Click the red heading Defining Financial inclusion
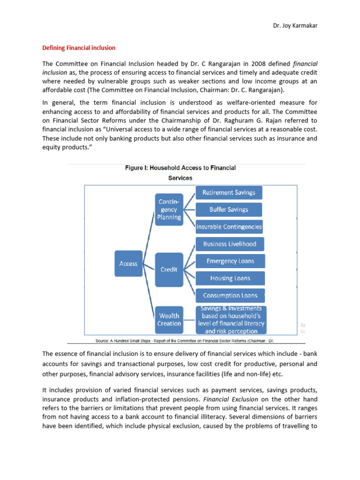coord(79,48)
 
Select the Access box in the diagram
coord(128,263)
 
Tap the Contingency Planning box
coord(169,210)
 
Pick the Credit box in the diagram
coord(169,270)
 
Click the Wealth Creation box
coord(169,320)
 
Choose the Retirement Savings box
coord(229,193)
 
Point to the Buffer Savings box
coord(229,210)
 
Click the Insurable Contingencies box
coord(229,227)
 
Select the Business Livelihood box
coord(230,244)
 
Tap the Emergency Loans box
coord(230,261)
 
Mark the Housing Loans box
coord(230,278)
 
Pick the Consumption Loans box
coord(230,296)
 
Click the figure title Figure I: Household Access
coord(180,168)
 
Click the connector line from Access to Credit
coord(148,266)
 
